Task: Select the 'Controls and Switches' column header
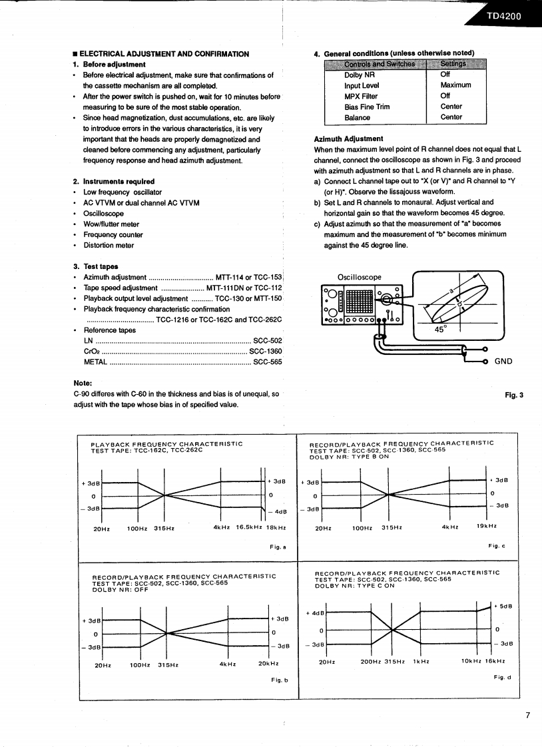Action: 380,64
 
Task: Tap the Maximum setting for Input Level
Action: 455,85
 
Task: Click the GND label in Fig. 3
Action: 503,361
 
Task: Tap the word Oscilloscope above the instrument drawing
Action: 360,277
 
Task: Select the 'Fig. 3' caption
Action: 514,395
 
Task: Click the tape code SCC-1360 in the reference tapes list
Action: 265,352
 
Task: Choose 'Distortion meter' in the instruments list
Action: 109,246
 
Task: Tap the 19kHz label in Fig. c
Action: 485,527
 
